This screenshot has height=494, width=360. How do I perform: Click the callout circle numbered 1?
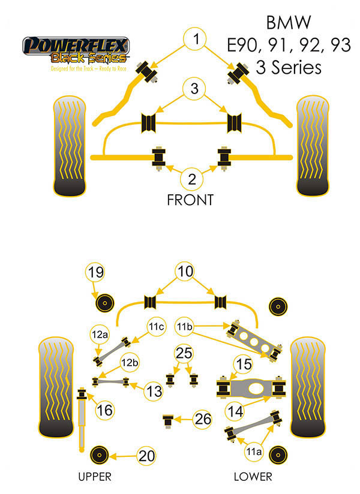194,41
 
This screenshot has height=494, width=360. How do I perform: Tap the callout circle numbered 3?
194,91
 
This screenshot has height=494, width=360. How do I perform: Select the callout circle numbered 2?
192,178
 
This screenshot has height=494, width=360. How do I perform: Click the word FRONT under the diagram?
190,200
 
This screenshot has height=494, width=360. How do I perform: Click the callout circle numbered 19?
96,273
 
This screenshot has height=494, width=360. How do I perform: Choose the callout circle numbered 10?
185,271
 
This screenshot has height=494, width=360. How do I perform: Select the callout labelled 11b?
185,327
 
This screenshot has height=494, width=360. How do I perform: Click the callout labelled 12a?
100,335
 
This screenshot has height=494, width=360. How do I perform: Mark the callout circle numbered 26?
204,419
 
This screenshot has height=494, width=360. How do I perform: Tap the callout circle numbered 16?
104,410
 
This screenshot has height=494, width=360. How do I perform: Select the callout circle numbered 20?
146,456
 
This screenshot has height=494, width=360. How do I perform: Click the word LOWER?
253,477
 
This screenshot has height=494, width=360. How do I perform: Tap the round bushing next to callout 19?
106,303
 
